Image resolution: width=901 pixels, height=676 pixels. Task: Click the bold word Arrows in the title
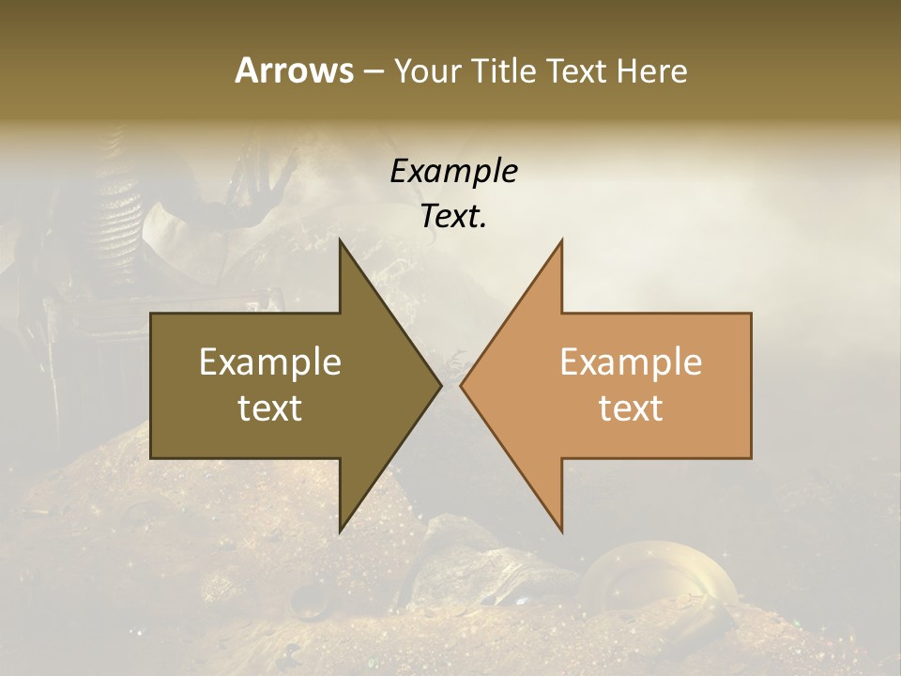294,70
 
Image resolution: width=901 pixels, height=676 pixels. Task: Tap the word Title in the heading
503,70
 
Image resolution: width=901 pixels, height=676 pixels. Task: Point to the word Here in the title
651,70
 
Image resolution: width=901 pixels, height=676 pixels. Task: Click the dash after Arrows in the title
373,71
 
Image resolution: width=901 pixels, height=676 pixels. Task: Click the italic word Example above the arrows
453,171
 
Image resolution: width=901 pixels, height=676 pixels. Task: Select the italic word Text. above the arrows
453,216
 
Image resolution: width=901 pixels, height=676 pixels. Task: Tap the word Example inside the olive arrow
270,362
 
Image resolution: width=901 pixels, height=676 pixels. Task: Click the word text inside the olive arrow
270,408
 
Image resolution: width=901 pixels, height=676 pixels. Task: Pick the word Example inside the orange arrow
631,362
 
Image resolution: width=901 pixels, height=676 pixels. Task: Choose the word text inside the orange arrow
631,408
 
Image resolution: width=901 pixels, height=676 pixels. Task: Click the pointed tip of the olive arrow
440,385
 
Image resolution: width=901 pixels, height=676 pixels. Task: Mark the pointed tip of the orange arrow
462,385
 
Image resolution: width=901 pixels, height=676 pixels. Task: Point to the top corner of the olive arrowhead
341,240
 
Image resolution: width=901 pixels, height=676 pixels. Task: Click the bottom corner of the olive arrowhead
341,531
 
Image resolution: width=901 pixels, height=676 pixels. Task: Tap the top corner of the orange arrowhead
561,240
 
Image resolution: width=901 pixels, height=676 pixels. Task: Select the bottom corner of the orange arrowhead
561,531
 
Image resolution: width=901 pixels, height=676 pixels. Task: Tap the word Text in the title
577,70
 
